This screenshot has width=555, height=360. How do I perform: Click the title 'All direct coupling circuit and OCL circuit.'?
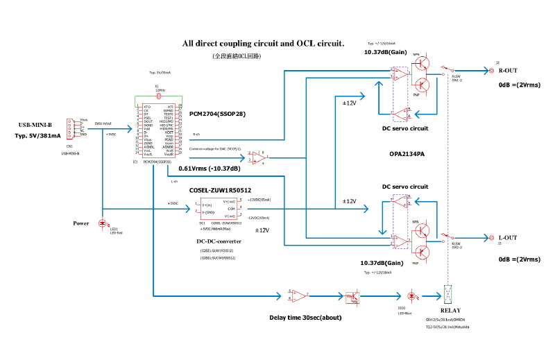coord(263,43)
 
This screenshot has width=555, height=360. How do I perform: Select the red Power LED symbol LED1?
coord(103,223)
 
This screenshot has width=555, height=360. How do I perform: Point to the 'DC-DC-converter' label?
coord(219,241)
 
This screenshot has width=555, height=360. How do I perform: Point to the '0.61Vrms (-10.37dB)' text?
coord(210,169)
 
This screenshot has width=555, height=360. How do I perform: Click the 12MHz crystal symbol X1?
coord(159,96)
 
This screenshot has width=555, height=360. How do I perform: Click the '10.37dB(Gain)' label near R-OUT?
coord(386,52)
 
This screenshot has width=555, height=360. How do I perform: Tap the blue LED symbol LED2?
coord(413,295)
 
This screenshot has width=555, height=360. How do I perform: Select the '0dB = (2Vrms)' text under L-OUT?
coord(520,259)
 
